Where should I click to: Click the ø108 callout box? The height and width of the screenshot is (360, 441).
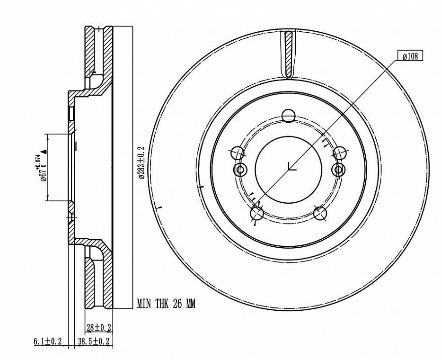pos(410,55)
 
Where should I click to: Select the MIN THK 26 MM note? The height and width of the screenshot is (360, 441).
pos(166,304)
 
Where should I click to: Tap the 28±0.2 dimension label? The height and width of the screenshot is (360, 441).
pos(99,327)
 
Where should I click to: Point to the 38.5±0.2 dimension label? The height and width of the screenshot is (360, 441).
pos(94,342)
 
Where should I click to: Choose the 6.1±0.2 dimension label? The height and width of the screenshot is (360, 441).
pos(47,342)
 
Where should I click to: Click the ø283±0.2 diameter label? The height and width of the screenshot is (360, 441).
pos(141,162)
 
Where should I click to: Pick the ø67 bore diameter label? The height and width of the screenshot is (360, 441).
pos(44,174)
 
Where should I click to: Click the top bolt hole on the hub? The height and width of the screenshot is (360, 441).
pos(288,116)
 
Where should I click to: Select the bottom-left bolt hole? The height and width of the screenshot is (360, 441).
pos(257,213)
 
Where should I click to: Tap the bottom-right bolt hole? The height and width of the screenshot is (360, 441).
pos(320,213)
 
